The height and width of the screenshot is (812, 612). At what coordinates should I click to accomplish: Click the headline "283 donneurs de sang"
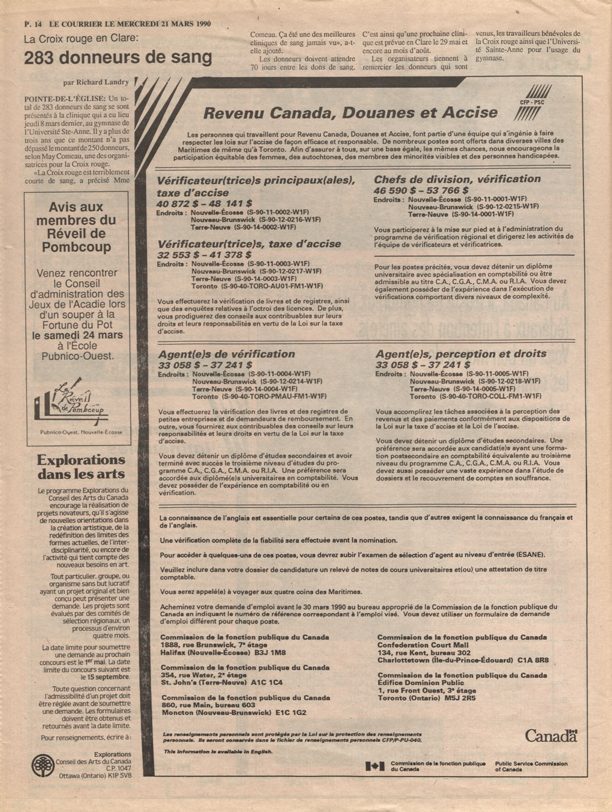118,58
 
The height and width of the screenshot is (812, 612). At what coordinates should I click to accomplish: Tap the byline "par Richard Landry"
96,82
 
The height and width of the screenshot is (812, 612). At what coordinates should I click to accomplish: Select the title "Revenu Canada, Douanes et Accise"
350,113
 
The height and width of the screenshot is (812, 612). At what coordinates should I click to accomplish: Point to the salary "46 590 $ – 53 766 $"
421,191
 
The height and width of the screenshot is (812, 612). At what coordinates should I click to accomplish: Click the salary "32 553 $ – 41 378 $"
204,255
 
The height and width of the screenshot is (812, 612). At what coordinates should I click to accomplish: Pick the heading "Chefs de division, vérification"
457,179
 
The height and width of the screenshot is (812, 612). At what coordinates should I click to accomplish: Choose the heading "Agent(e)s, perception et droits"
461,354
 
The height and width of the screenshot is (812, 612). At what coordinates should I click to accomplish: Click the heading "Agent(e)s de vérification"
226,354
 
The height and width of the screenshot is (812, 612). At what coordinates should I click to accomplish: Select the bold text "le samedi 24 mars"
77,335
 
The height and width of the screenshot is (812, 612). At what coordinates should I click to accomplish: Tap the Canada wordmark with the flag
551,735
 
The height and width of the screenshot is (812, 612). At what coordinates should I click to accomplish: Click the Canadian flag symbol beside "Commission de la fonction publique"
374,766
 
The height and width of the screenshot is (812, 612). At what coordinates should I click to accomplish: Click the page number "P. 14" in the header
33,24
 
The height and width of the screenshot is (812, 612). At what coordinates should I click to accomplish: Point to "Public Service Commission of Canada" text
531,766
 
